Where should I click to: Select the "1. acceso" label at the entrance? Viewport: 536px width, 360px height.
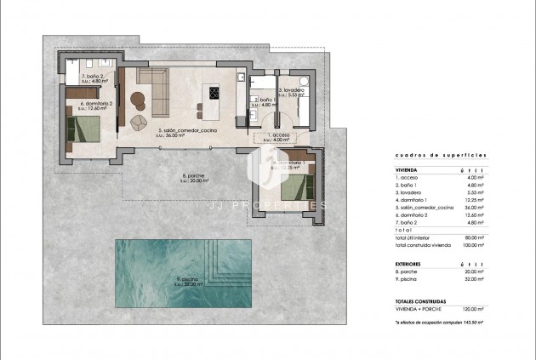click(x=280, y=134)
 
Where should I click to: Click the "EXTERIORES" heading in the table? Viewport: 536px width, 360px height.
click(x=408, y=264)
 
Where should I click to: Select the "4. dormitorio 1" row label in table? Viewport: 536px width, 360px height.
click(x=415, y=200)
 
